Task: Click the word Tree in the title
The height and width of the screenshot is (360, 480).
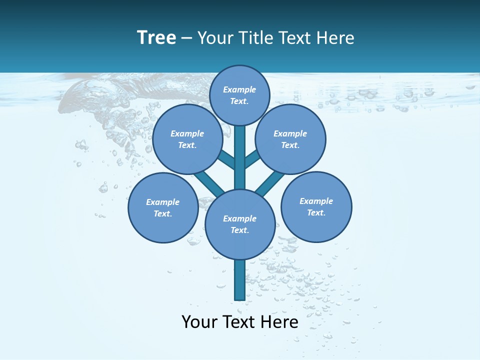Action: coord(156,38)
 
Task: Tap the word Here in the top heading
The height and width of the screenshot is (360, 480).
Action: coord(335,38)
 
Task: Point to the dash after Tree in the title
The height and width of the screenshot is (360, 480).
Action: coord(186,38)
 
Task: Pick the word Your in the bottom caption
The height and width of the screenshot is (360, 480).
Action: coord(199,322)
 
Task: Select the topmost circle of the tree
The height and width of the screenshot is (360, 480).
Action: coord(239,95)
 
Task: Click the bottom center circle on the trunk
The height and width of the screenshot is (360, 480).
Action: coord(240,224)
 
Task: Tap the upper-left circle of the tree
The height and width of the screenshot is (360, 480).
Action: coord(187,139)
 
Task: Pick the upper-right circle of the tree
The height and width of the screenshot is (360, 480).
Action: coord(290,139)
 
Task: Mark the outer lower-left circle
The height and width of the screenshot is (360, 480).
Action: coord(163,207)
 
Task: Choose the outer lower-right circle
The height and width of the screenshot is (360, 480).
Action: coord(316,206)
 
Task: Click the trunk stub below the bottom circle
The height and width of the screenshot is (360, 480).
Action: coord(239,280)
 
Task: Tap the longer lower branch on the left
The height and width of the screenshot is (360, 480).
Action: coord(209,182)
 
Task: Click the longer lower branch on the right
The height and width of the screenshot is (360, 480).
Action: coord(270,183)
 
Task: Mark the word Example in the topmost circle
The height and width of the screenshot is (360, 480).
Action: coord(239,89)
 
